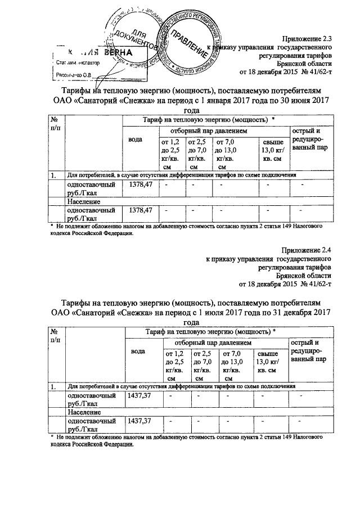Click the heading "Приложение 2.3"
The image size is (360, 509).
307,39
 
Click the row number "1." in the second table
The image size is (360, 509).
53,388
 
